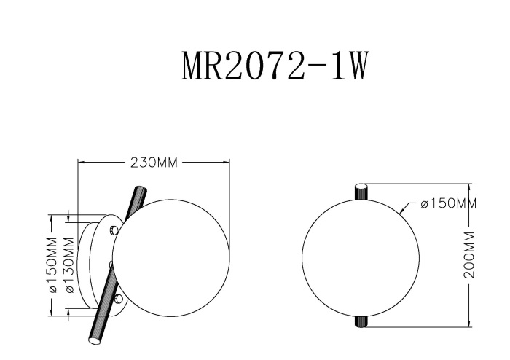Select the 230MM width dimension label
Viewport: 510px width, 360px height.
[x=154, y=163]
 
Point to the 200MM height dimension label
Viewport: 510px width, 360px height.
[x=469, y=255]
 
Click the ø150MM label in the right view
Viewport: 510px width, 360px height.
[x=448, y=203]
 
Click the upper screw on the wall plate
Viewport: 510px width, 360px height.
[x=113, y=231]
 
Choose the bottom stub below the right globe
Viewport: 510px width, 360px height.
[x=361, y=321]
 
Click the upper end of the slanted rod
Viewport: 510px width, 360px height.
[x=137, y=191]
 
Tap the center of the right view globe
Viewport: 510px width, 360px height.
[x=361, y=257]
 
